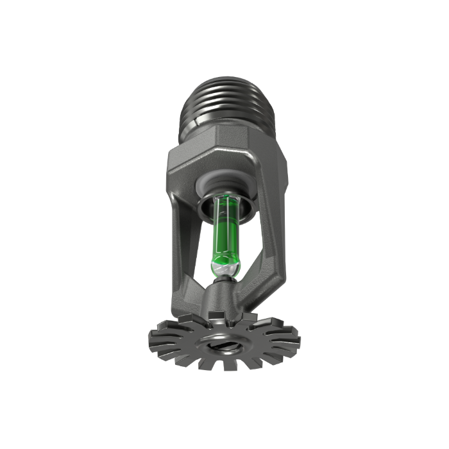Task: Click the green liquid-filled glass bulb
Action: pyautogui.click(x=223, y=231)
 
